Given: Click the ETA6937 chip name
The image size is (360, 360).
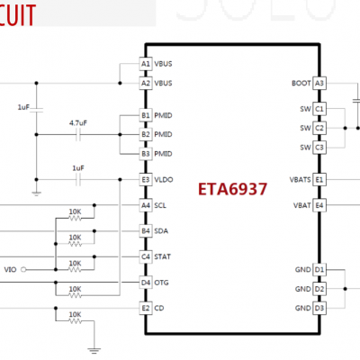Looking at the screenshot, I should (x=233, y=191).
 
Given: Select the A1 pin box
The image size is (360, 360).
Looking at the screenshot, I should (x=146, y=64).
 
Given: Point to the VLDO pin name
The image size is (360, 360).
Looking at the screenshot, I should (x=164, y=180).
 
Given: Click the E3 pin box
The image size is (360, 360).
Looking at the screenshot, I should (x=146, y=180).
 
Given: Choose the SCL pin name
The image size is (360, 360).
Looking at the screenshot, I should (x=160, y=205).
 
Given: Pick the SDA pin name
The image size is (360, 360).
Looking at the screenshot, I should (x=160, y=230).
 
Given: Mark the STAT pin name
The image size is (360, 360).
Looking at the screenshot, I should (x=162, y=256).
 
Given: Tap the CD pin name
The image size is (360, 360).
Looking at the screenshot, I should (x=158, y=308).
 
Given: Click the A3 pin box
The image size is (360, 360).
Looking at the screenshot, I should (x=319, y=83).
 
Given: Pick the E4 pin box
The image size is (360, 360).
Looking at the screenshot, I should (x=319, y=205).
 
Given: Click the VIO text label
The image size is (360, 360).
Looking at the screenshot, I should (x=10, y=269).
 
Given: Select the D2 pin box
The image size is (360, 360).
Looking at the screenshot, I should (x=319, y=289).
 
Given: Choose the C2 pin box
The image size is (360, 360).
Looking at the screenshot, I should (x=319, y=128).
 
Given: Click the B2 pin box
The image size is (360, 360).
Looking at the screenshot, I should (x=146, y=135).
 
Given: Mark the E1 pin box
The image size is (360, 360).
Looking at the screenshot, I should (x=319, y=180).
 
